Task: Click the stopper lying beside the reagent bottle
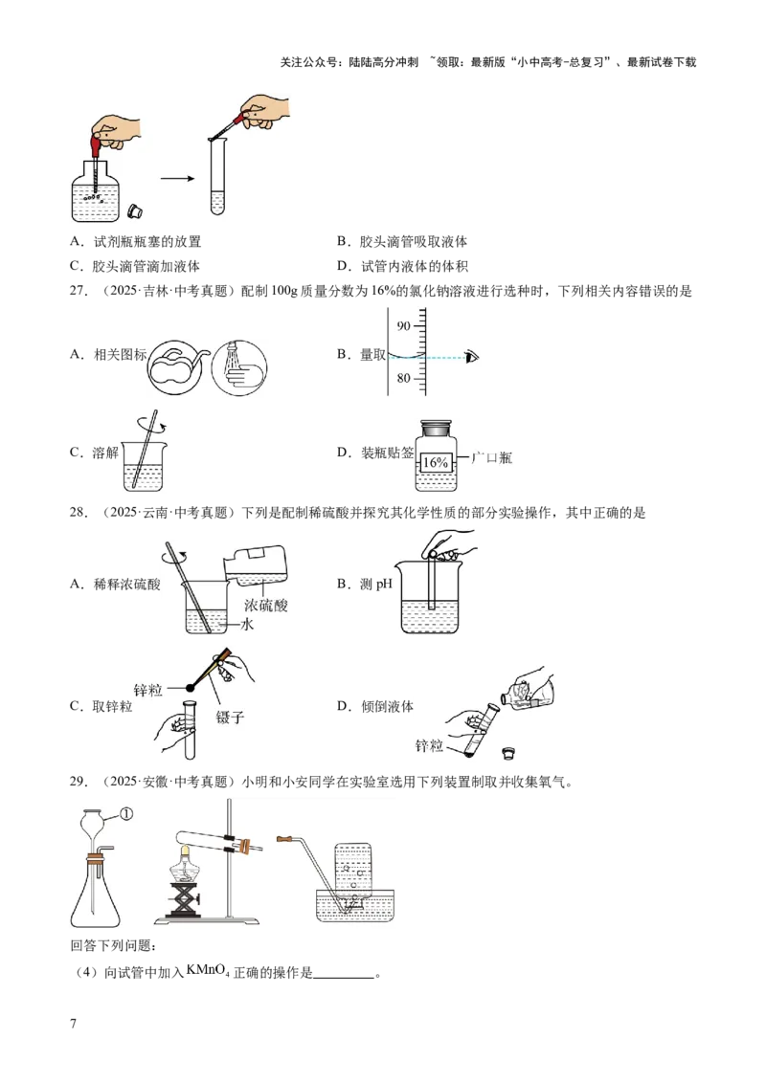coord(135,210)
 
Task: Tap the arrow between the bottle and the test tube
coord(178,179)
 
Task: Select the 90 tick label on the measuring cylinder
coord(403,325)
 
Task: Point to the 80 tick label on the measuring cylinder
coord(403,379)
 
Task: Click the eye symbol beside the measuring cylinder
coord(472,357)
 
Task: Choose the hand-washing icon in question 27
coord(239,366)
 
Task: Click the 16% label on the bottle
coord(435,462)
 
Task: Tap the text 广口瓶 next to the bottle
coord(491,457)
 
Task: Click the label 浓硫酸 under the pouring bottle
coord(265,606)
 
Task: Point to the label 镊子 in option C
coord(230,718)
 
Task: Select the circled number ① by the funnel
coord(125,814)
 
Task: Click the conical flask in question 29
coord(96,891)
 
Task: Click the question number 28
coord(79,513)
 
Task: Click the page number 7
coord(74,1024)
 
